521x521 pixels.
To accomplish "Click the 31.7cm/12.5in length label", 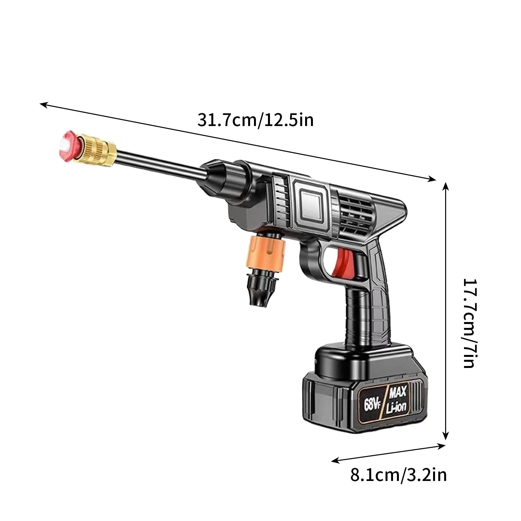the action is (256, 120).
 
